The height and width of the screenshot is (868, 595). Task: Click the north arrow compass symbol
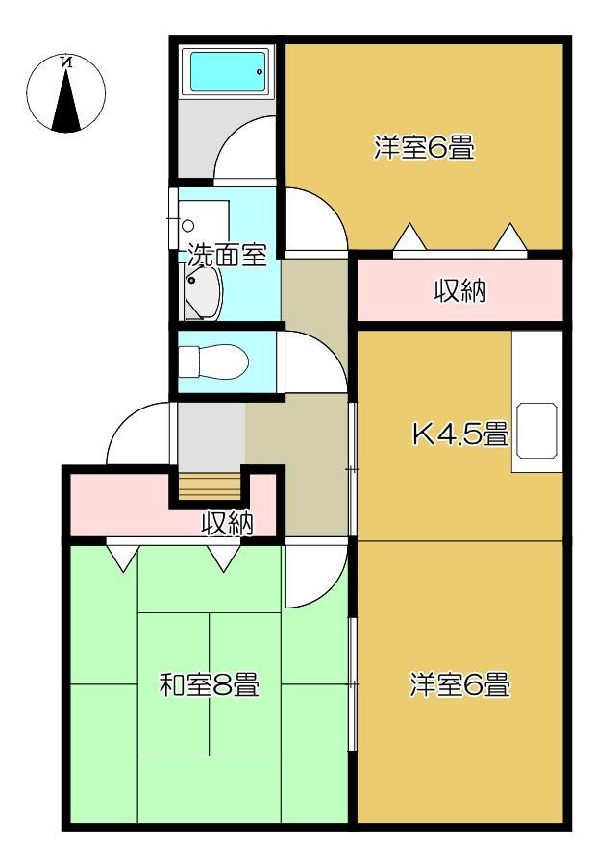66,93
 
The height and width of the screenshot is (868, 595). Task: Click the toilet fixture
216,362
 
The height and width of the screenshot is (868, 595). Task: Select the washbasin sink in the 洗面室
203,294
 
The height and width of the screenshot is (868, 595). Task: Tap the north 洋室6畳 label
424,149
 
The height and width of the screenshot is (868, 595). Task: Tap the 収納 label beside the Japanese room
228,523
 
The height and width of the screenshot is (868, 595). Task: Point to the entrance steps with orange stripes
208,486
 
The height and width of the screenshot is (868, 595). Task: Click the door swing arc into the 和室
313,575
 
